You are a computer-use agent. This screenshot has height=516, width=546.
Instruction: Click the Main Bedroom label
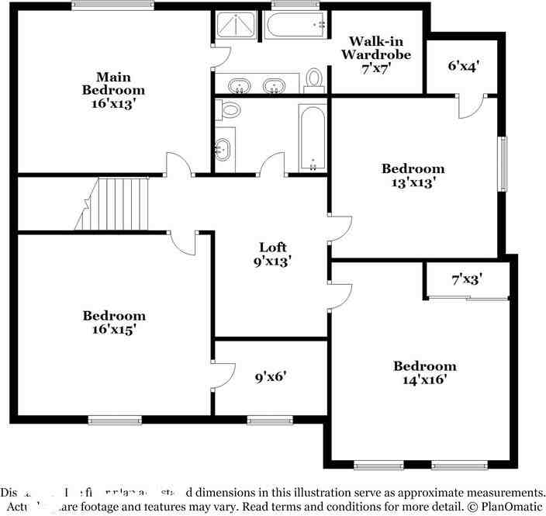(x=113, y=89)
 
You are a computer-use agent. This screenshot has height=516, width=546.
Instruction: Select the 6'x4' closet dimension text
(x=463, y=66)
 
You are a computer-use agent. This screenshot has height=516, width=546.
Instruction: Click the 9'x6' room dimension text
(x=271, y=378)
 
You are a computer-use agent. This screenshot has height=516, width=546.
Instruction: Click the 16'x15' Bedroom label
(x=114, y=323)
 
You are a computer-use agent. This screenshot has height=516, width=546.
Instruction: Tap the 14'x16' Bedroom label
(x=424, y=373)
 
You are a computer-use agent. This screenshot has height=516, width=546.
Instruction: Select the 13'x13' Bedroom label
(x=413, y=175)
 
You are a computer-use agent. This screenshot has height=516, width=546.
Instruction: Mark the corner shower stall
(x=235, y=27)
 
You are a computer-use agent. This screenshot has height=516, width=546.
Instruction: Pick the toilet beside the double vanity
(x=314, y=79)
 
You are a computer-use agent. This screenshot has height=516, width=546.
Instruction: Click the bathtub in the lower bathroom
(x=312, y=137)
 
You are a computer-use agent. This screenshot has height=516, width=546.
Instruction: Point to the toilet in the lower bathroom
(x=230, y=109)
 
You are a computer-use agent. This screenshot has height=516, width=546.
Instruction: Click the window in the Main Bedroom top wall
(x=112, y=5)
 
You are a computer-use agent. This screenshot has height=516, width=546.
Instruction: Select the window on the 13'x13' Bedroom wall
(x=503, y=164)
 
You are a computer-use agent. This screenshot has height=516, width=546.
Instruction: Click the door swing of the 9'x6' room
(x=224, y=374)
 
